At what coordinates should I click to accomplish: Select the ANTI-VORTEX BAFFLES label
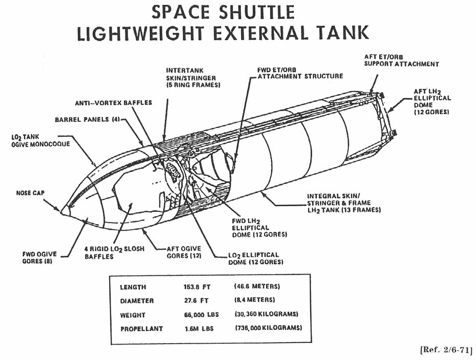113,103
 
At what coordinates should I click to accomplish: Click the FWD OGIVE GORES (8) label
40,257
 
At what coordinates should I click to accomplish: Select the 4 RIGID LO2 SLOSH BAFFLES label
114,252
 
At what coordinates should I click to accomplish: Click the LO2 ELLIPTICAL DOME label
254,258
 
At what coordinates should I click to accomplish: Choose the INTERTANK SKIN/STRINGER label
193,78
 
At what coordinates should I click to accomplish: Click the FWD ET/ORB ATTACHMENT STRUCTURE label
300,73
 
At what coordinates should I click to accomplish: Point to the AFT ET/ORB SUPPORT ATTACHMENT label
401,60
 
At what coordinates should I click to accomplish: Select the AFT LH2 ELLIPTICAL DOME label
432,102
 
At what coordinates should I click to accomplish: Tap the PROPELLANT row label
141,329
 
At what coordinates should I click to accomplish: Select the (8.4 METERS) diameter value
255,300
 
